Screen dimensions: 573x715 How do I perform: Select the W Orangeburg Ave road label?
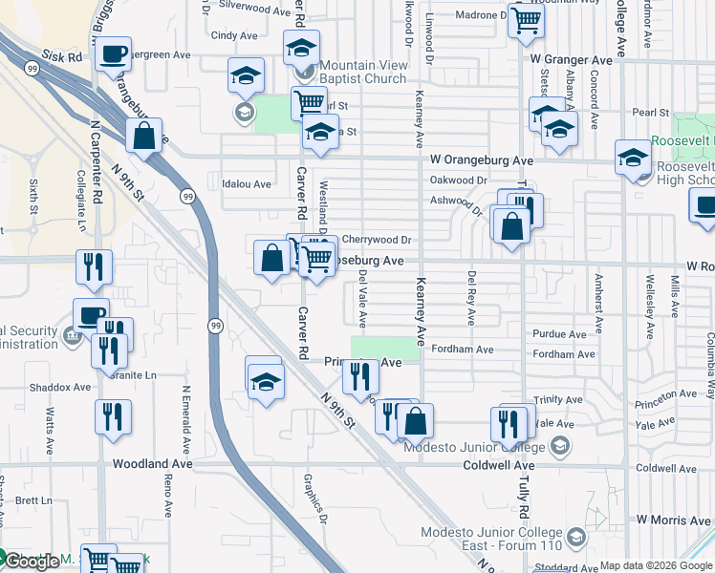click(481, 160)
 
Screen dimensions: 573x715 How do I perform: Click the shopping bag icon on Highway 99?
click(143, 137)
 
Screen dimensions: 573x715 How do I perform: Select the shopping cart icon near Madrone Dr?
click(526, 19)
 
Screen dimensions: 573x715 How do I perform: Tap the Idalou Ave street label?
click(240, 183)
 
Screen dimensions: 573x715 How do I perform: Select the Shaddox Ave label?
click(59, 387)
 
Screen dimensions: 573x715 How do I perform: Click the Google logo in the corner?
click(31, 562)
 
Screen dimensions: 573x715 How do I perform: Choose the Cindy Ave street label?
click(235, 35)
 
